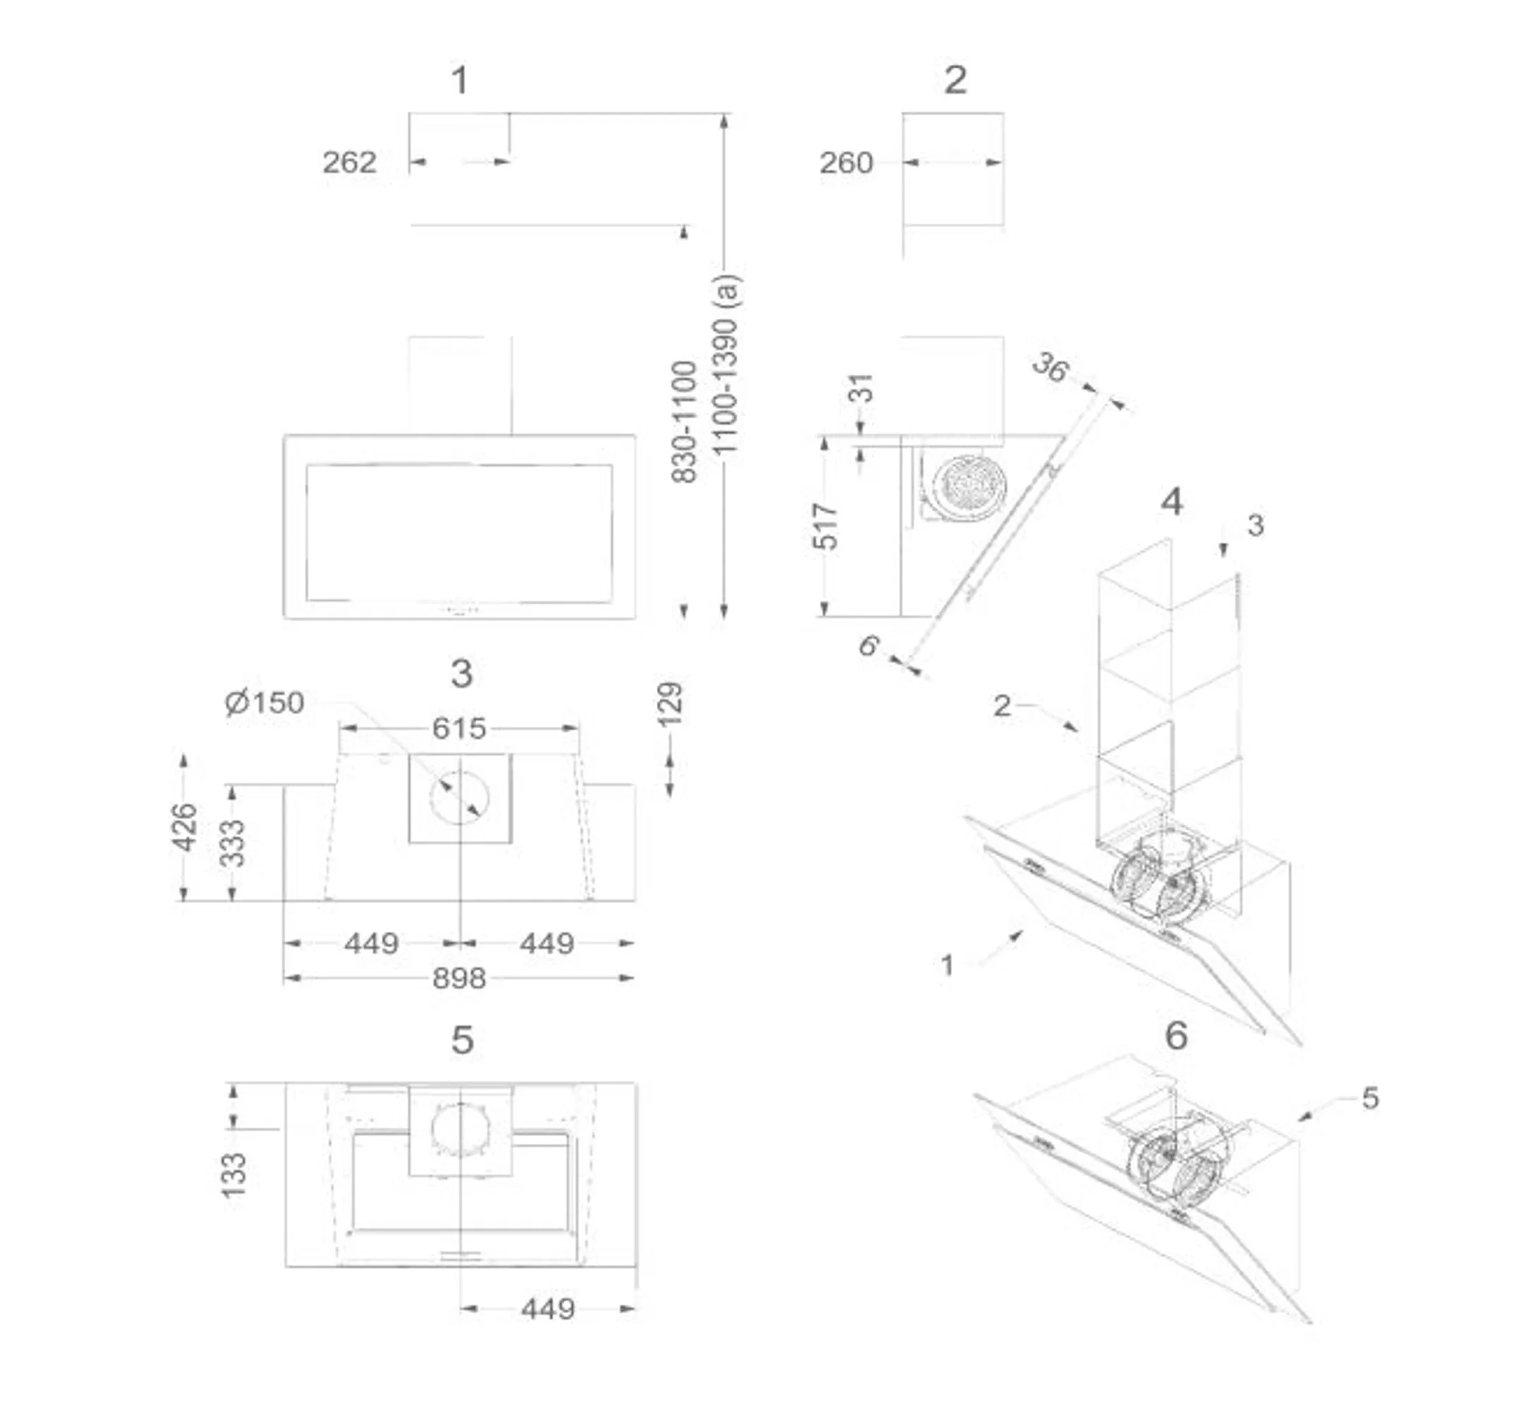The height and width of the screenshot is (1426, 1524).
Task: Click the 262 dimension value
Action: pos(349,162)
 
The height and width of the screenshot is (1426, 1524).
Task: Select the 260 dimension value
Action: pos(847,162)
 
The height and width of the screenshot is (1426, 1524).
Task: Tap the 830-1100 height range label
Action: pos(684,422)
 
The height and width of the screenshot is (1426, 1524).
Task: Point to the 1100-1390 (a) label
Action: pos(725,365)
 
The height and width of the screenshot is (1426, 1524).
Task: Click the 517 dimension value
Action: pos(825,526)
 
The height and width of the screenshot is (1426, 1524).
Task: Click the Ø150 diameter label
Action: pos(265,702)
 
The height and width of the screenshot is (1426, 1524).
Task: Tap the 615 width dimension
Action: pos(459,727)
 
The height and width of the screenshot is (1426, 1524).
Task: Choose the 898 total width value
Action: pos(459,978)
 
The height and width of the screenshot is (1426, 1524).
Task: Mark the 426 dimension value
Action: pos(185,827)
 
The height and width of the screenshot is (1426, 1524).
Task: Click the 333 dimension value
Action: pos(232,843)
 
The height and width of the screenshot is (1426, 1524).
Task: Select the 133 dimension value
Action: pos(234,1176)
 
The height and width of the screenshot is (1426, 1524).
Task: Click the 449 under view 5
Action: pos(548,1309)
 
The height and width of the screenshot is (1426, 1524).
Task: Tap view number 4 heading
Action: pos(1172,502)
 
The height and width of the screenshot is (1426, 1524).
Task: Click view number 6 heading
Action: pos(1176,1036)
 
